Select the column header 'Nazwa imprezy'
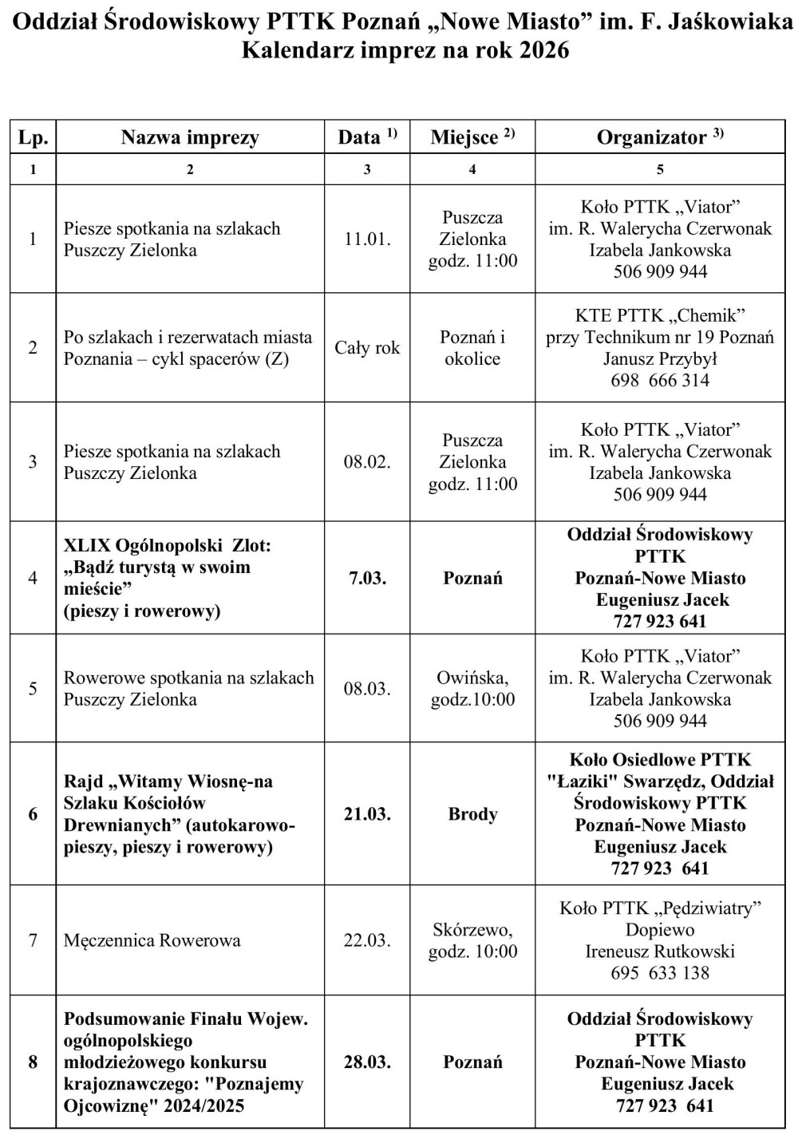tap(190, 137)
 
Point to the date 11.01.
tap(367, 239)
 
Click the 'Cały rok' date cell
tap(367, 348)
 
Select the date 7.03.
tap(367, 578)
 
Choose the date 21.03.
tap(367, 814)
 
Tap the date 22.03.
tap(367, 940)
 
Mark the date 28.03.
tap(367, 1062)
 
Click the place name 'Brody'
tap(472, 814)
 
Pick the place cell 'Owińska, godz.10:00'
tap(472, 689)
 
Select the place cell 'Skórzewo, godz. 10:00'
tap(472, 940)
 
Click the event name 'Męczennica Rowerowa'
tap(152, 940)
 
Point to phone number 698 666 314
tap(660, 381)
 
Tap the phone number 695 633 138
tap(660, 973)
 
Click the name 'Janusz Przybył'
tap(660, 359)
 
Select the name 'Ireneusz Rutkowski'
tap(660, 951)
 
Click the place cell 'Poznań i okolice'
tap(472, 348)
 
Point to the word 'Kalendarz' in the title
tap(298, 50)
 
